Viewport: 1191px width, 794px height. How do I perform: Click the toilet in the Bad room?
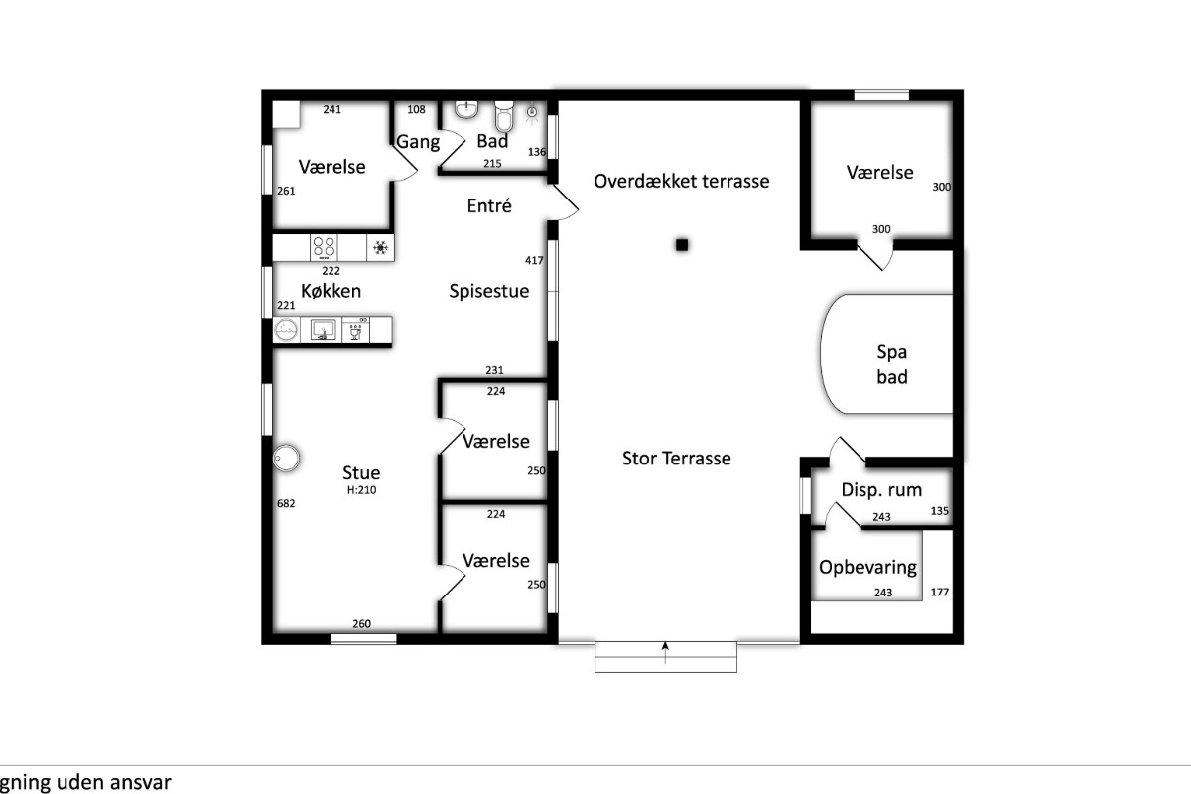504,116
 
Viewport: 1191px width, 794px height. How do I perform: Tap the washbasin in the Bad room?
466,109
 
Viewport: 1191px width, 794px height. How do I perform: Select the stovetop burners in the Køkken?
324,247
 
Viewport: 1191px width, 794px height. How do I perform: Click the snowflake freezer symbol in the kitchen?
380,247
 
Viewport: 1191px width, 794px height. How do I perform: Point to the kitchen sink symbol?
322,330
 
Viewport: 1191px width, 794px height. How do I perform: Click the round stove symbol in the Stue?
286,458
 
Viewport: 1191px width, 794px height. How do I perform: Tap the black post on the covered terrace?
682,244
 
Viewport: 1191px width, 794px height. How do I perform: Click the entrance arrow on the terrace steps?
665,652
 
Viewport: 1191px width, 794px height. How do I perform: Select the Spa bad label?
891,364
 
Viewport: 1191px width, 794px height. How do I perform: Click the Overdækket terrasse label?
681,181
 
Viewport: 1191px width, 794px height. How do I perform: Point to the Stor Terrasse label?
676,458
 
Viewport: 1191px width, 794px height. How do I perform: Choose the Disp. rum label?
881,490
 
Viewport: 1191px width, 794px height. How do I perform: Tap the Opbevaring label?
867,568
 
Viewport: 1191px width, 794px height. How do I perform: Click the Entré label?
489,205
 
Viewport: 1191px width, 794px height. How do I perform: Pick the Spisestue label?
489,291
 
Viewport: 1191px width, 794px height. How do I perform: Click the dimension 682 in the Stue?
286,503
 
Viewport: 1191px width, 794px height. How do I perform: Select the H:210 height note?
361,490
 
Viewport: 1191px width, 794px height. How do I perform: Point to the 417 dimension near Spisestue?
534,260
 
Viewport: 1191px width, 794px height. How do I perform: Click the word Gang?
418,142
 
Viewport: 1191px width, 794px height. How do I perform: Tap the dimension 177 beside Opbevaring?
940,592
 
